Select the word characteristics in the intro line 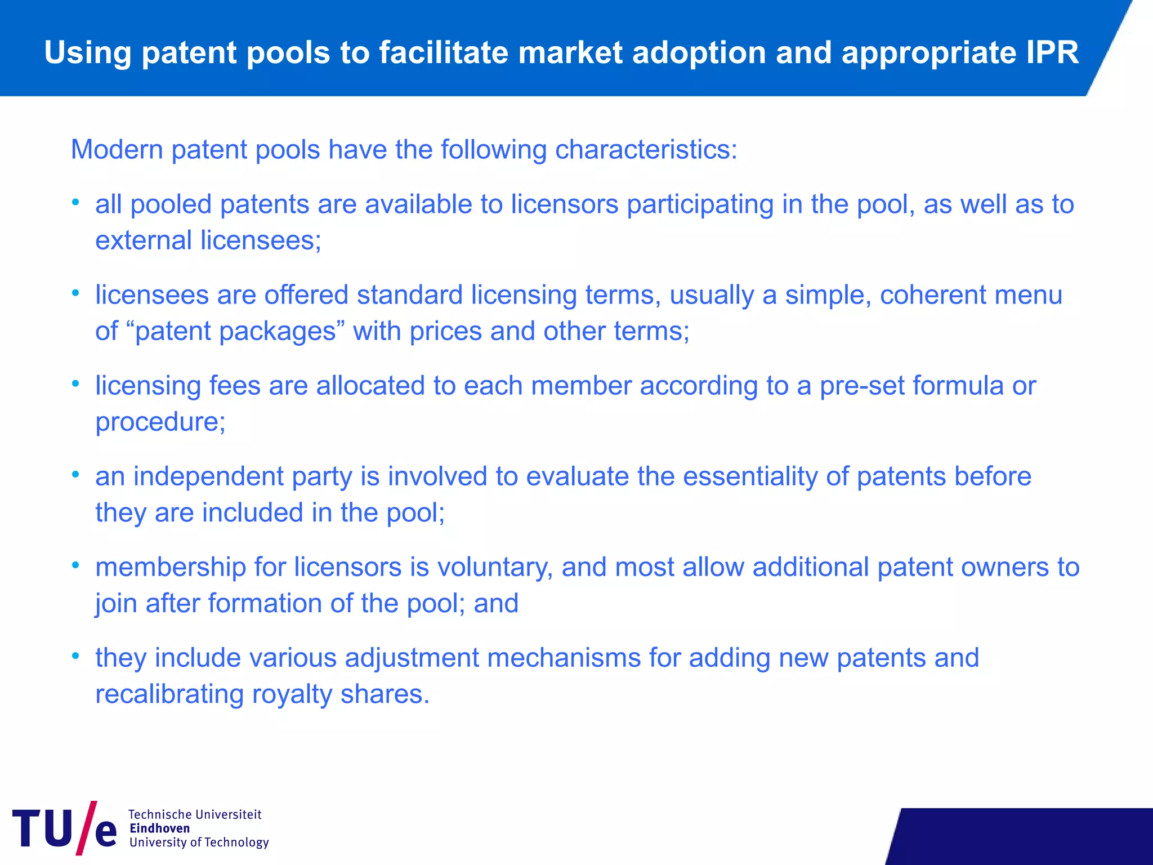pyautogui.click(x=645, y=150)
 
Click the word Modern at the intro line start pyautogui.click(x=117, y=150)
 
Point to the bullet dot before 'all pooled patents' pyautogui.click(x=75, y=202)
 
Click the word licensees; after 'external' pyautogui.click(x=261, y=240)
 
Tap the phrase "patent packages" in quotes pyautogui.click(x=235, y=331)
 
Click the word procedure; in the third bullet pyautogui.click(x=160, y=422)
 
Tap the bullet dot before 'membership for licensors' pyautogui.click(x=75, y=565)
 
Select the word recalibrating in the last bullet pyautogui.click(x=169, y=694)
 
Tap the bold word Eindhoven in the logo pyautogui.click(x=159, y=828)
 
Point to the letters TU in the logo pyautogui.click(x=42, y=828)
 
